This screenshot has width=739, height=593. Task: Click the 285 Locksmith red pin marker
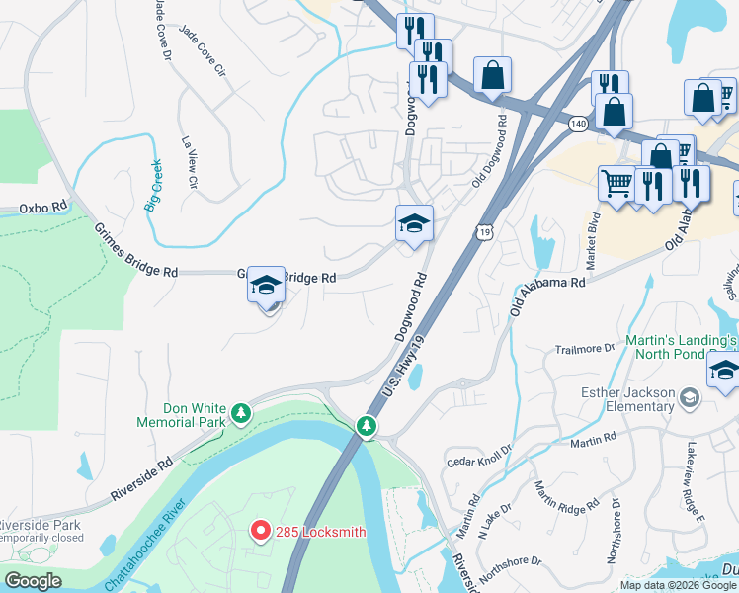pos(261,531)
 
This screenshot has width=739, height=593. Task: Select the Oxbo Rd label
pos(42,209)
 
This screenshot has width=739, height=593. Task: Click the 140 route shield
pos(579,123)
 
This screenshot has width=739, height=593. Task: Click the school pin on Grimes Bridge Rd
pos(265,288)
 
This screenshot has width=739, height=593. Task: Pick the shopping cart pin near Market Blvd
pos(616,184)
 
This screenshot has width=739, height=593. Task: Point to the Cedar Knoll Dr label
pos(479,455)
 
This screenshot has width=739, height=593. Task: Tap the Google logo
pos(33,582)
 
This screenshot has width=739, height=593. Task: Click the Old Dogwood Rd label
pos(491,147)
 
